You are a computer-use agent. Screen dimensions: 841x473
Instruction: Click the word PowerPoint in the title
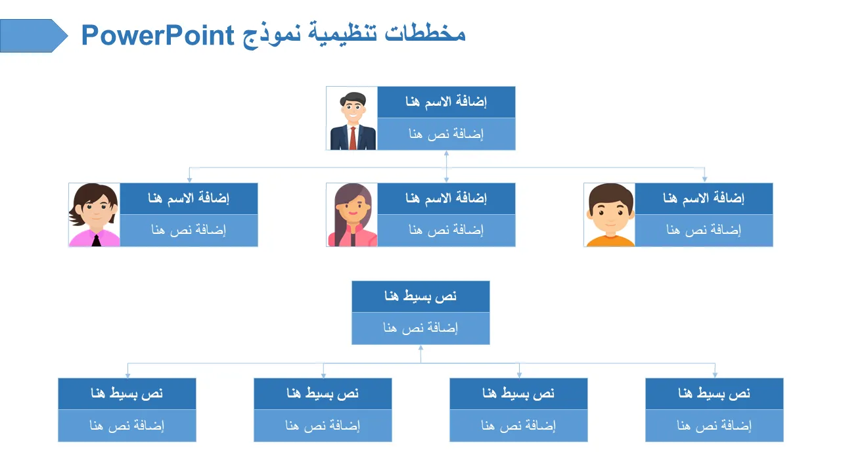[158, 35]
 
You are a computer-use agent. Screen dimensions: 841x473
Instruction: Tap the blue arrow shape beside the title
[34, 35]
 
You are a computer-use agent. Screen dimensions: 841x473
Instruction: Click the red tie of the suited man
[353, 138]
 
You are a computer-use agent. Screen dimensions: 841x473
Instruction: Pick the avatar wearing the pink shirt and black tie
[94, 215]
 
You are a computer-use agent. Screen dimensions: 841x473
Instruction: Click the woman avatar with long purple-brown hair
[352, 215]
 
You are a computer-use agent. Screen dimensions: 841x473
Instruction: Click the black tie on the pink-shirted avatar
[96, 240]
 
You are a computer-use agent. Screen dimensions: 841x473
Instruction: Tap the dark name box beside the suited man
[446, 102]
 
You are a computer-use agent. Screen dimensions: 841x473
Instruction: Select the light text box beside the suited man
[446, 134]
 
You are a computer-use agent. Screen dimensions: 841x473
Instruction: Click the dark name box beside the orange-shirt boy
[704, 198]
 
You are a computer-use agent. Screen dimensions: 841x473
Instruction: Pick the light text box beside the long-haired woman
[446, 231]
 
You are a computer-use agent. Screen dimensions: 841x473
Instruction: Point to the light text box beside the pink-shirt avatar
[189, 231]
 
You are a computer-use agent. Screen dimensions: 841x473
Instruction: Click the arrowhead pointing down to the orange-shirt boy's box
[705, 179]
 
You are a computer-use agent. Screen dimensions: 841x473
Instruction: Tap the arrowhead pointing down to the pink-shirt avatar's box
[190, 179]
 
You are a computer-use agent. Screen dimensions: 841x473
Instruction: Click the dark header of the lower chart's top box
[420, 296]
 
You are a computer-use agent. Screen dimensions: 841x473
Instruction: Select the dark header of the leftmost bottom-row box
[127, 394]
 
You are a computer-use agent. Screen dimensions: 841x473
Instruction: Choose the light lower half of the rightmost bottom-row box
[714, 426]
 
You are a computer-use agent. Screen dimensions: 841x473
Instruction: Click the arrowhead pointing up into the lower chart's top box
[420, 348]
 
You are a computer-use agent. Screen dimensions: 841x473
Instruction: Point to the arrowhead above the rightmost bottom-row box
[715, 374]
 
